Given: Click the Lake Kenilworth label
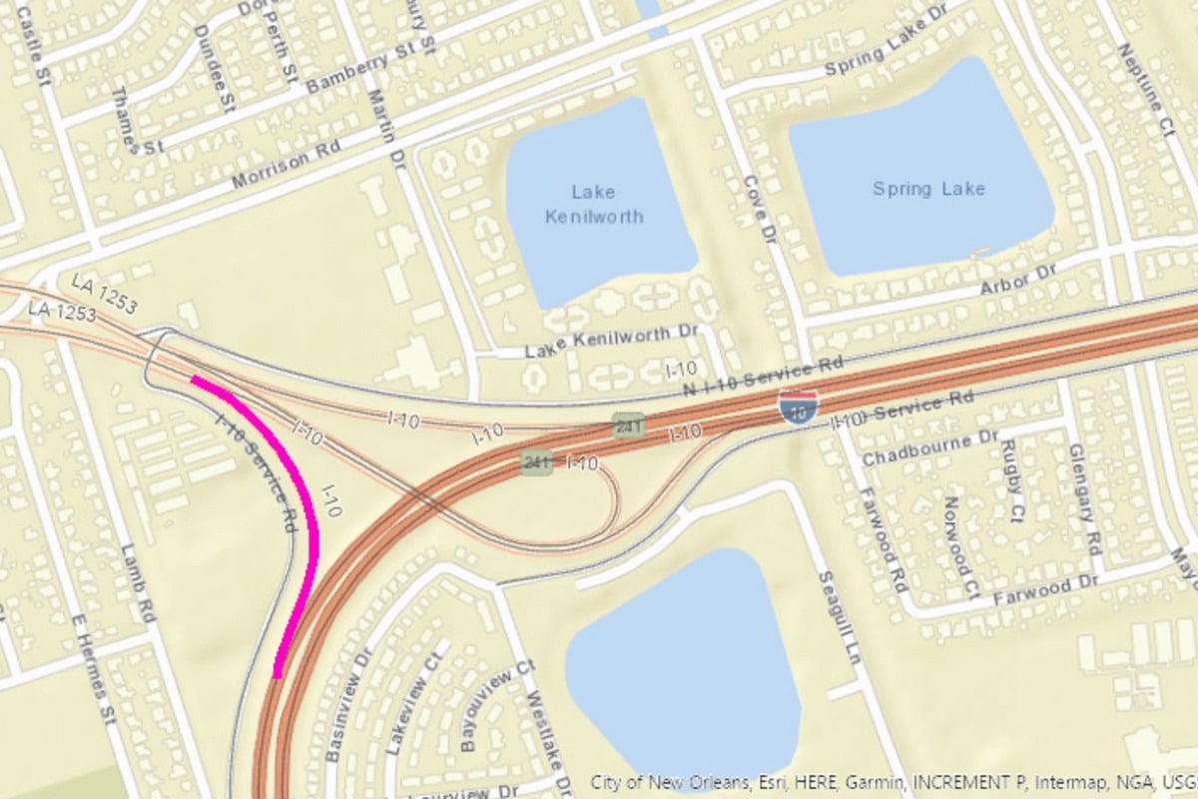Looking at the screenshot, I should pyautogui.click(x=594, y=204).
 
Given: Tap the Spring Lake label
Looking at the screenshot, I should pyautogui.click(x=928, y=189).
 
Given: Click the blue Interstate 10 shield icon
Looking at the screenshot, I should pyautogui.click(x=798, y=406).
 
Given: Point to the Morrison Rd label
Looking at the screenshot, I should pyautogui.click(x=286, y=165).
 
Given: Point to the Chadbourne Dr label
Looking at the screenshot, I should pyautogui.click(x=929, y=448).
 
